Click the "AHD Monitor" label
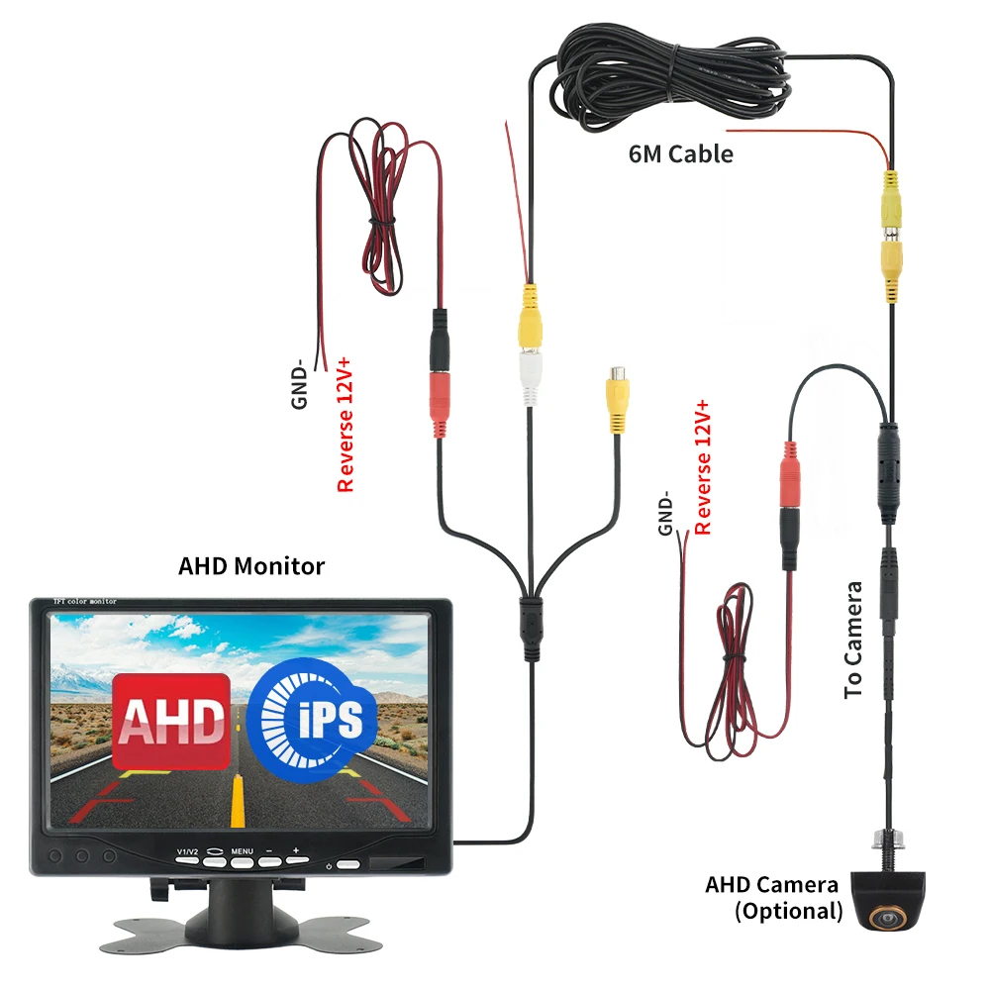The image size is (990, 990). click(251, 566)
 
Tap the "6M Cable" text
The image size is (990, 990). click(681, 153)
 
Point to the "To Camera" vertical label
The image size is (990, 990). click(854, 640)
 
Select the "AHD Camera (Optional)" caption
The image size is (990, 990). click(773, 897)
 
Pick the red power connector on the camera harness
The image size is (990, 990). click(789, 476)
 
